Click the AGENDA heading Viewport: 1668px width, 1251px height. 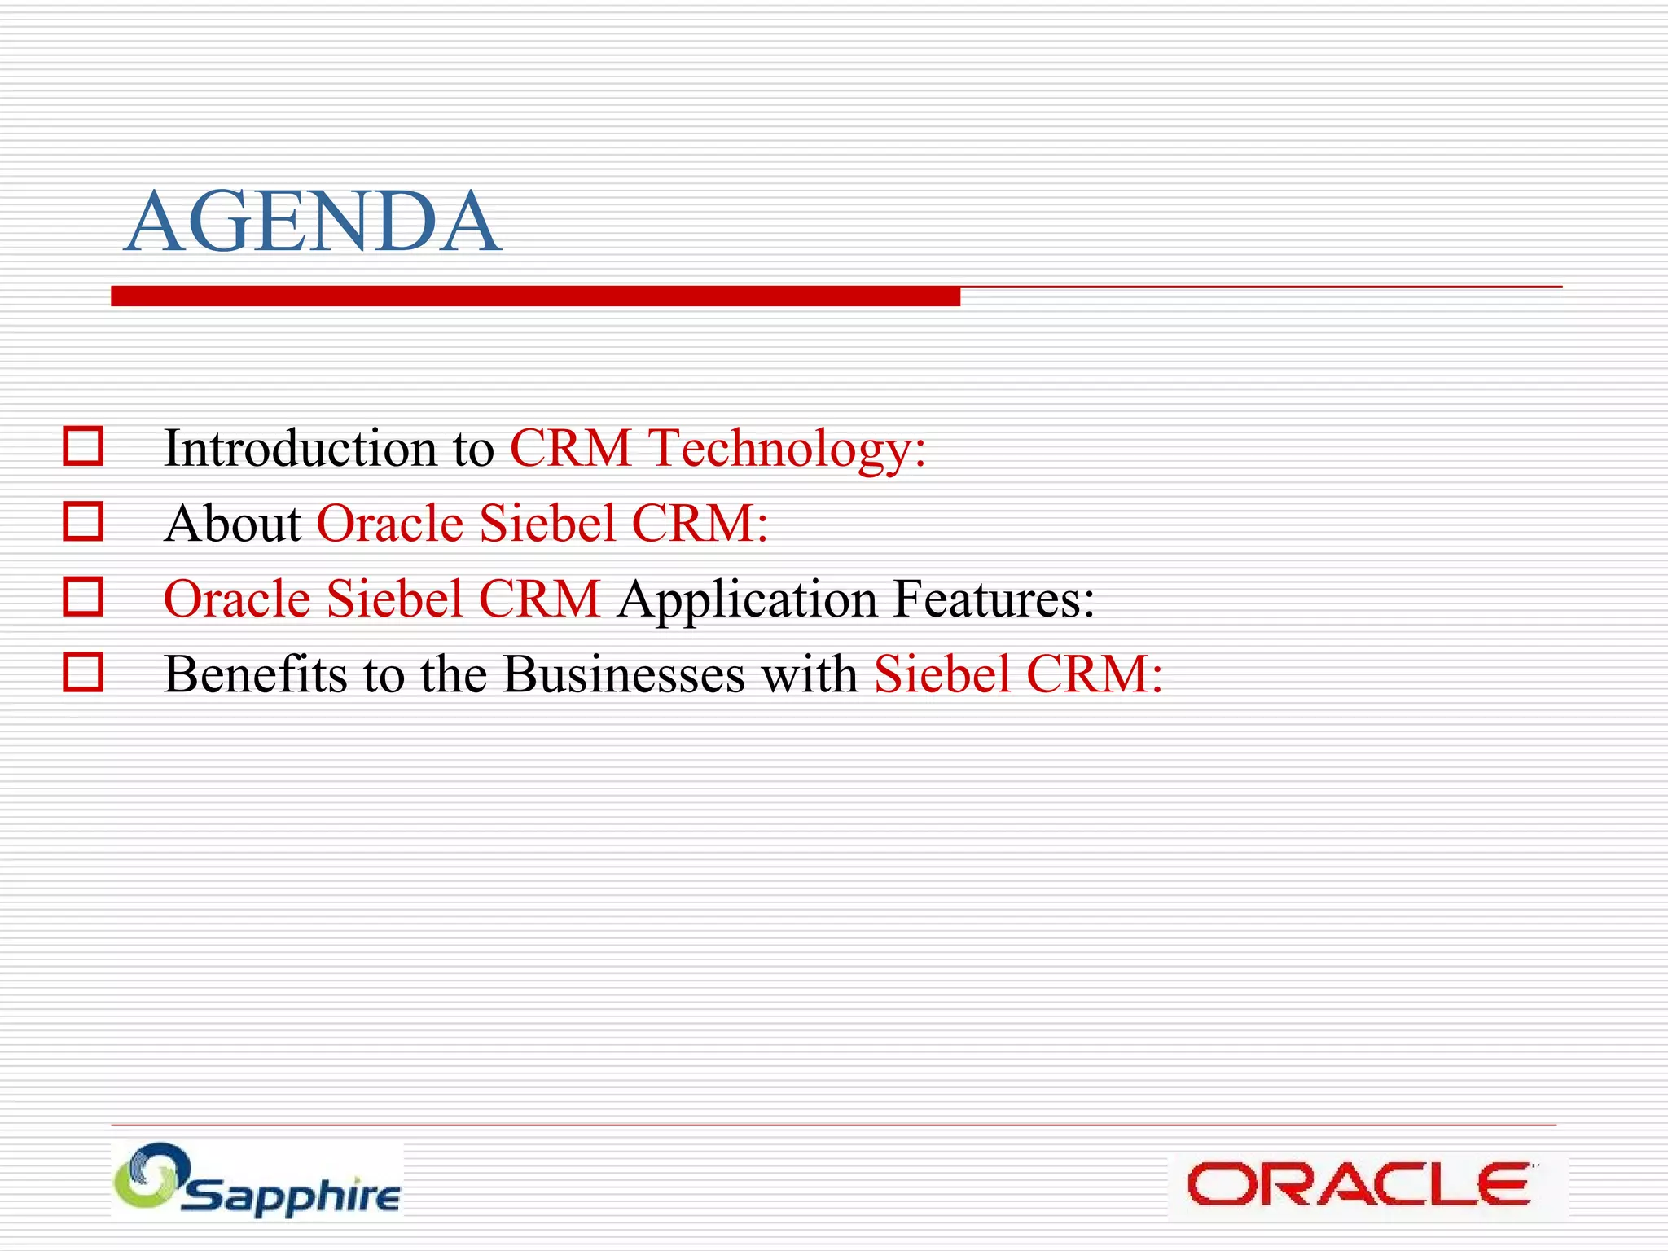[313, 222]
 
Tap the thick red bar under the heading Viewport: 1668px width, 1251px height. [535, 296]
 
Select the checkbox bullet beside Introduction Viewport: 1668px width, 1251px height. [83, 446]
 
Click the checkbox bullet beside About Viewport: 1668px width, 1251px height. [83, 521]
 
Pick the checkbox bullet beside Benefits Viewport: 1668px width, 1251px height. [83, 673]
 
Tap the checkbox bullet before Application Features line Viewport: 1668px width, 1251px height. [83, 597]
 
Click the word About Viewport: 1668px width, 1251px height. [233, 523]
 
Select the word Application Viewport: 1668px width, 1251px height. [747, 600]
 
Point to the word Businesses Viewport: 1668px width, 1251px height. [623, 674]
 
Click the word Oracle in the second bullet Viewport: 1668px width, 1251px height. [390, 523]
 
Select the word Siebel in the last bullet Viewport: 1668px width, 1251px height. [942, 674]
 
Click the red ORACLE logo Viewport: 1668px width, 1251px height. [1359, 1184]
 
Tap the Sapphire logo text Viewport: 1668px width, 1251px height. [292, 1196]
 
